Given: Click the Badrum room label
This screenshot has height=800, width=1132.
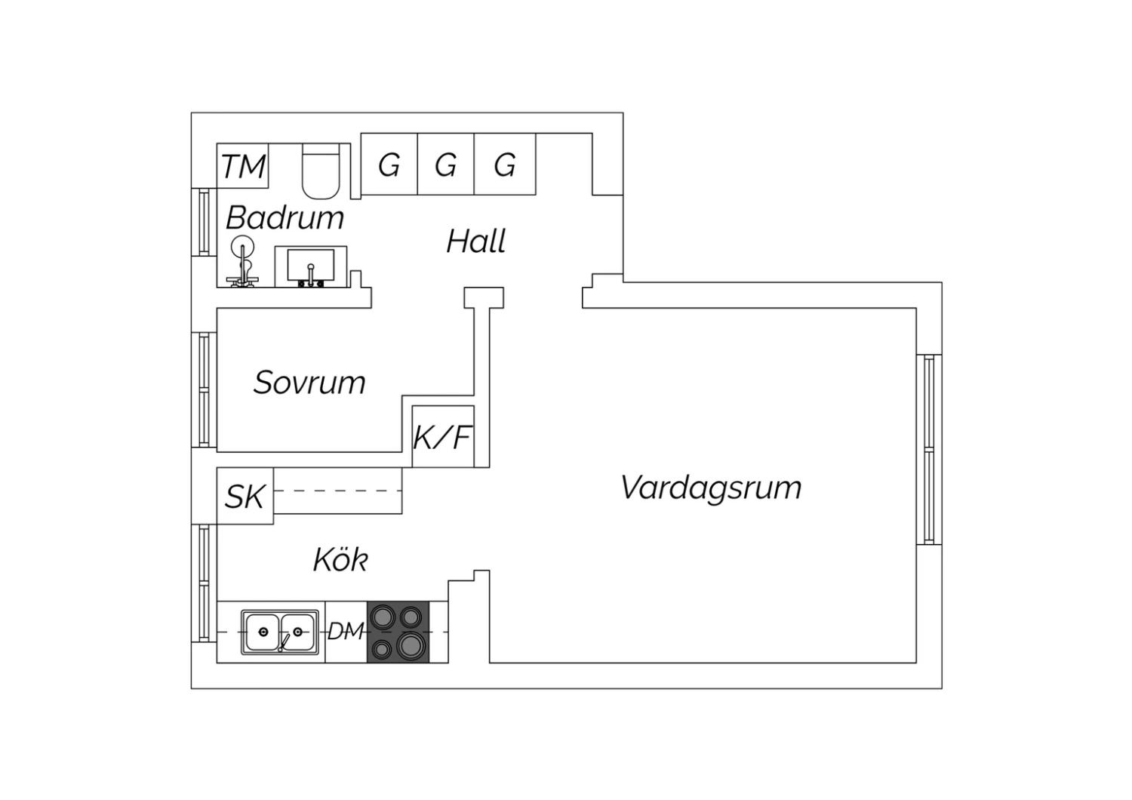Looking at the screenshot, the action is coord(285,218).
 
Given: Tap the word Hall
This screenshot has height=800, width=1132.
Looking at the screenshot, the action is coord(476,241).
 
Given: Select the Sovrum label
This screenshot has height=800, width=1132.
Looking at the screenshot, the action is coord(309,383).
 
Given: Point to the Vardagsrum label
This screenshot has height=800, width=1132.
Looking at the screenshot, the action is coord(711,488).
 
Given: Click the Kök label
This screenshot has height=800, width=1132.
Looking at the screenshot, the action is coord(340,559).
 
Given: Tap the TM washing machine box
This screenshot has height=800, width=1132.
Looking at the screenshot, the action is coord(242,166).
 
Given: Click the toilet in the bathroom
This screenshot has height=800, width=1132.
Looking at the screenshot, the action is coord(321,171).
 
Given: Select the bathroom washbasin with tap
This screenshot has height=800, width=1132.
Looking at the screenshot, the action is coord(311,267).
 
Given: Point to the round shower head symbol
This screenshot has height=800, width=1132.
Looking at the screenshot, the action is coord(242,247).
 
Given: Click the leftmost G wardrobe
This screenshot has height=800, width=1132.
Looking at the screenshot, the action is coord(389,165).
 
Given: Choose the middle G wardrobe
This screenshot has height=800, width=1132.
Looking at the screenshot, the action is coord(446,165).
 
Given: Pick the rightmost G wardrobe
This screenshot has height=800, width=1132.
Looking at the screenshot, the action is coord(505,165).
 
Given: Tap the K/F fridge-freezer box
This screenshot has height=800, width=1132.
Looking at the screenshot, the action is coord(443,437).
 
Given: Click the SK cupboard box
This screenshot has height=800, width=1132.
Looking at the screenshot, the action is coord(245,496).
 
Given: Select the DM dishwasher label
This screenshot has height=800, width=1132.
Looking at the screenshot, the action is coord(346,631).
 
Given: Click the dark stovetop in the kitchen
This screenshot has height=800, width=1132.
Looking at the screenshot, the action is coord(398,632).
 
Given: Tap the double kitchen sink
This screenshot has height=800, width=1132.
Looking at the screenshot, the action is coord(280,632).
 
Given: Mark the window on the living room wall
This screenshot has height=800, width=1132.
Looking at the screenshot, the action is coord(929,450).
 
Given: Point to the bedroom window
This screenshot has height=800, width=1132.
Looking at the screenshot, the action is coord(205,389).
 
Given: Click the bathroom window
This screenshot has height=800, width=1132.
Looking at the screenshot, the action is coord(205,222).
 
